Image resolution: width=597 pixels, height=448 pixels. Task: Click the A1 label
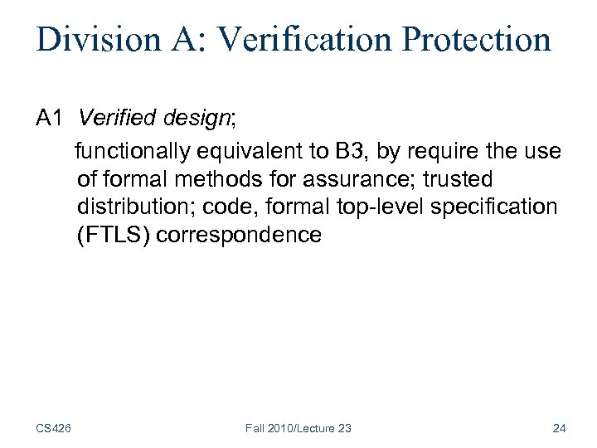(x=51, y=119)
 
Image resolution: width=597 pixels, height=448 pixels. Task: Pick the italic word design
(x=197, y=120)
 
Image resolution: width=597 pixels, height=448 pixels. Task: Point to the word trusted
(x=458, y=178)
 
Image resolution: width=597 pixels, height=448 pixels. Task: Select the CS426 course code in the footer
(x=53, y=428)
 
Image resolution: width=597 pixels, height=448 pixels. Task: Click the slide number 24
(x=559, y=428)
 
